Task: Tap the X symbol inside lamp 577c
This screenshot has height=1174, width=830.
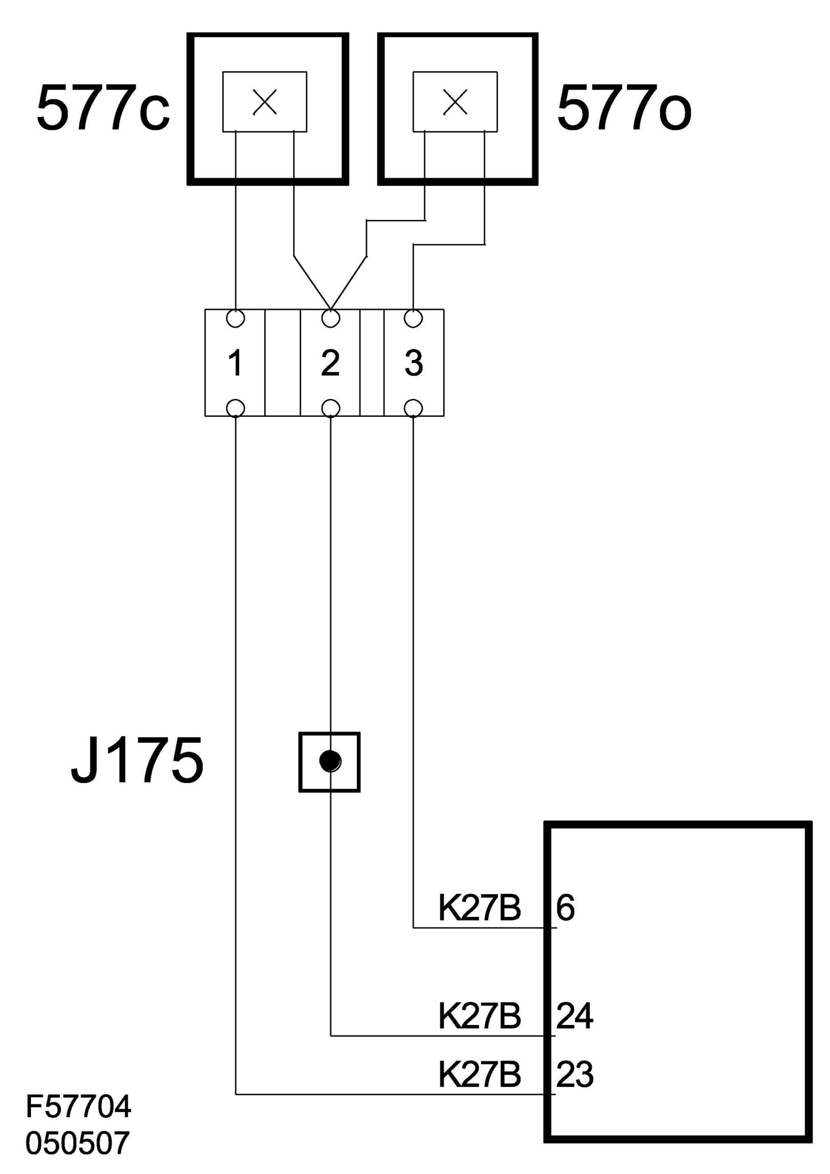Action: point(265,102)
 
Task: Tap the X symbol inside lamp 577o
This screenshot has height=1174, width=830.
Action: point(455,102)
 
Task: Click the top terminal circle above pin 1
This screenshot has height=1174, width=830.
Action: point(235,318)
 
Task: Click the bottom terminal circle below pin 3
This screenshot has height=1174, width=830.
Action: point(413,409)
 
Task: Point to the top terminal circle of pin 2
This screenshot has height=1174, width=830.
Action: point(331,318)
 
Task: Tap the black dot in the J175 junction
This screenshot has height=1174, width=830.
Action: point(330,761)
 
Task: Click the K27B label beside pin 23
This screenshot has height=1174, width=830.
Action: point(480,1074)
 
